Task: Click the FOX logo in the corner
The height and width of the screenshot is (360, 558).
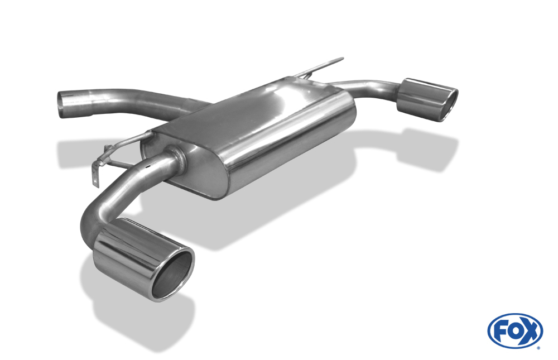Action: coord(515,331)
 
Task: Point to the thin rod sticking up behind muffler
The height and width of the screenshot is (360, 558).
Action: coord(319,67)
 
